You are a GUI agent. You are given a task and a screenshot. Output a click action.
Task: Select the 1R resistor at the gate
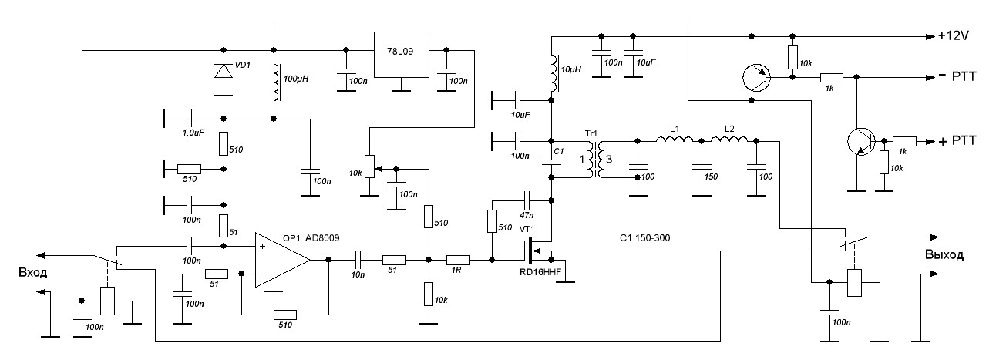coord(459,261)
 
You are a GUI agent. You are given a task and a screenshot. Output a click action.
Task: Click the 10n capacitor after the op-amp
coord(359,261)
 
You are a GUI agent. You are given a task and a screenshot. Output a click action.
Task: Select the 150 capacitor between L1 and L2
coord(701,166)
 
